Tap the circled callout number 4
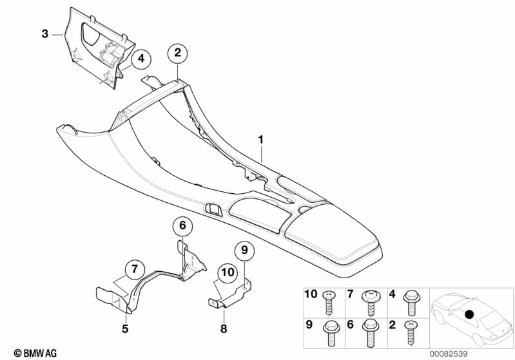tap(141, 59)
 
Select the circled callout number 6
tap(182, 225)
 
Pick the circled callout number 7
tap(134, 268)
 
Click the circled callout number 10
tap(228, 272)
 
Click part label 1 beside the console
tap(261, 139)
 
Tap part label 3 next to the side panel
tap(44, 33)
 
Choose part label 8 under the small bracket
tap(223, 329)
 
